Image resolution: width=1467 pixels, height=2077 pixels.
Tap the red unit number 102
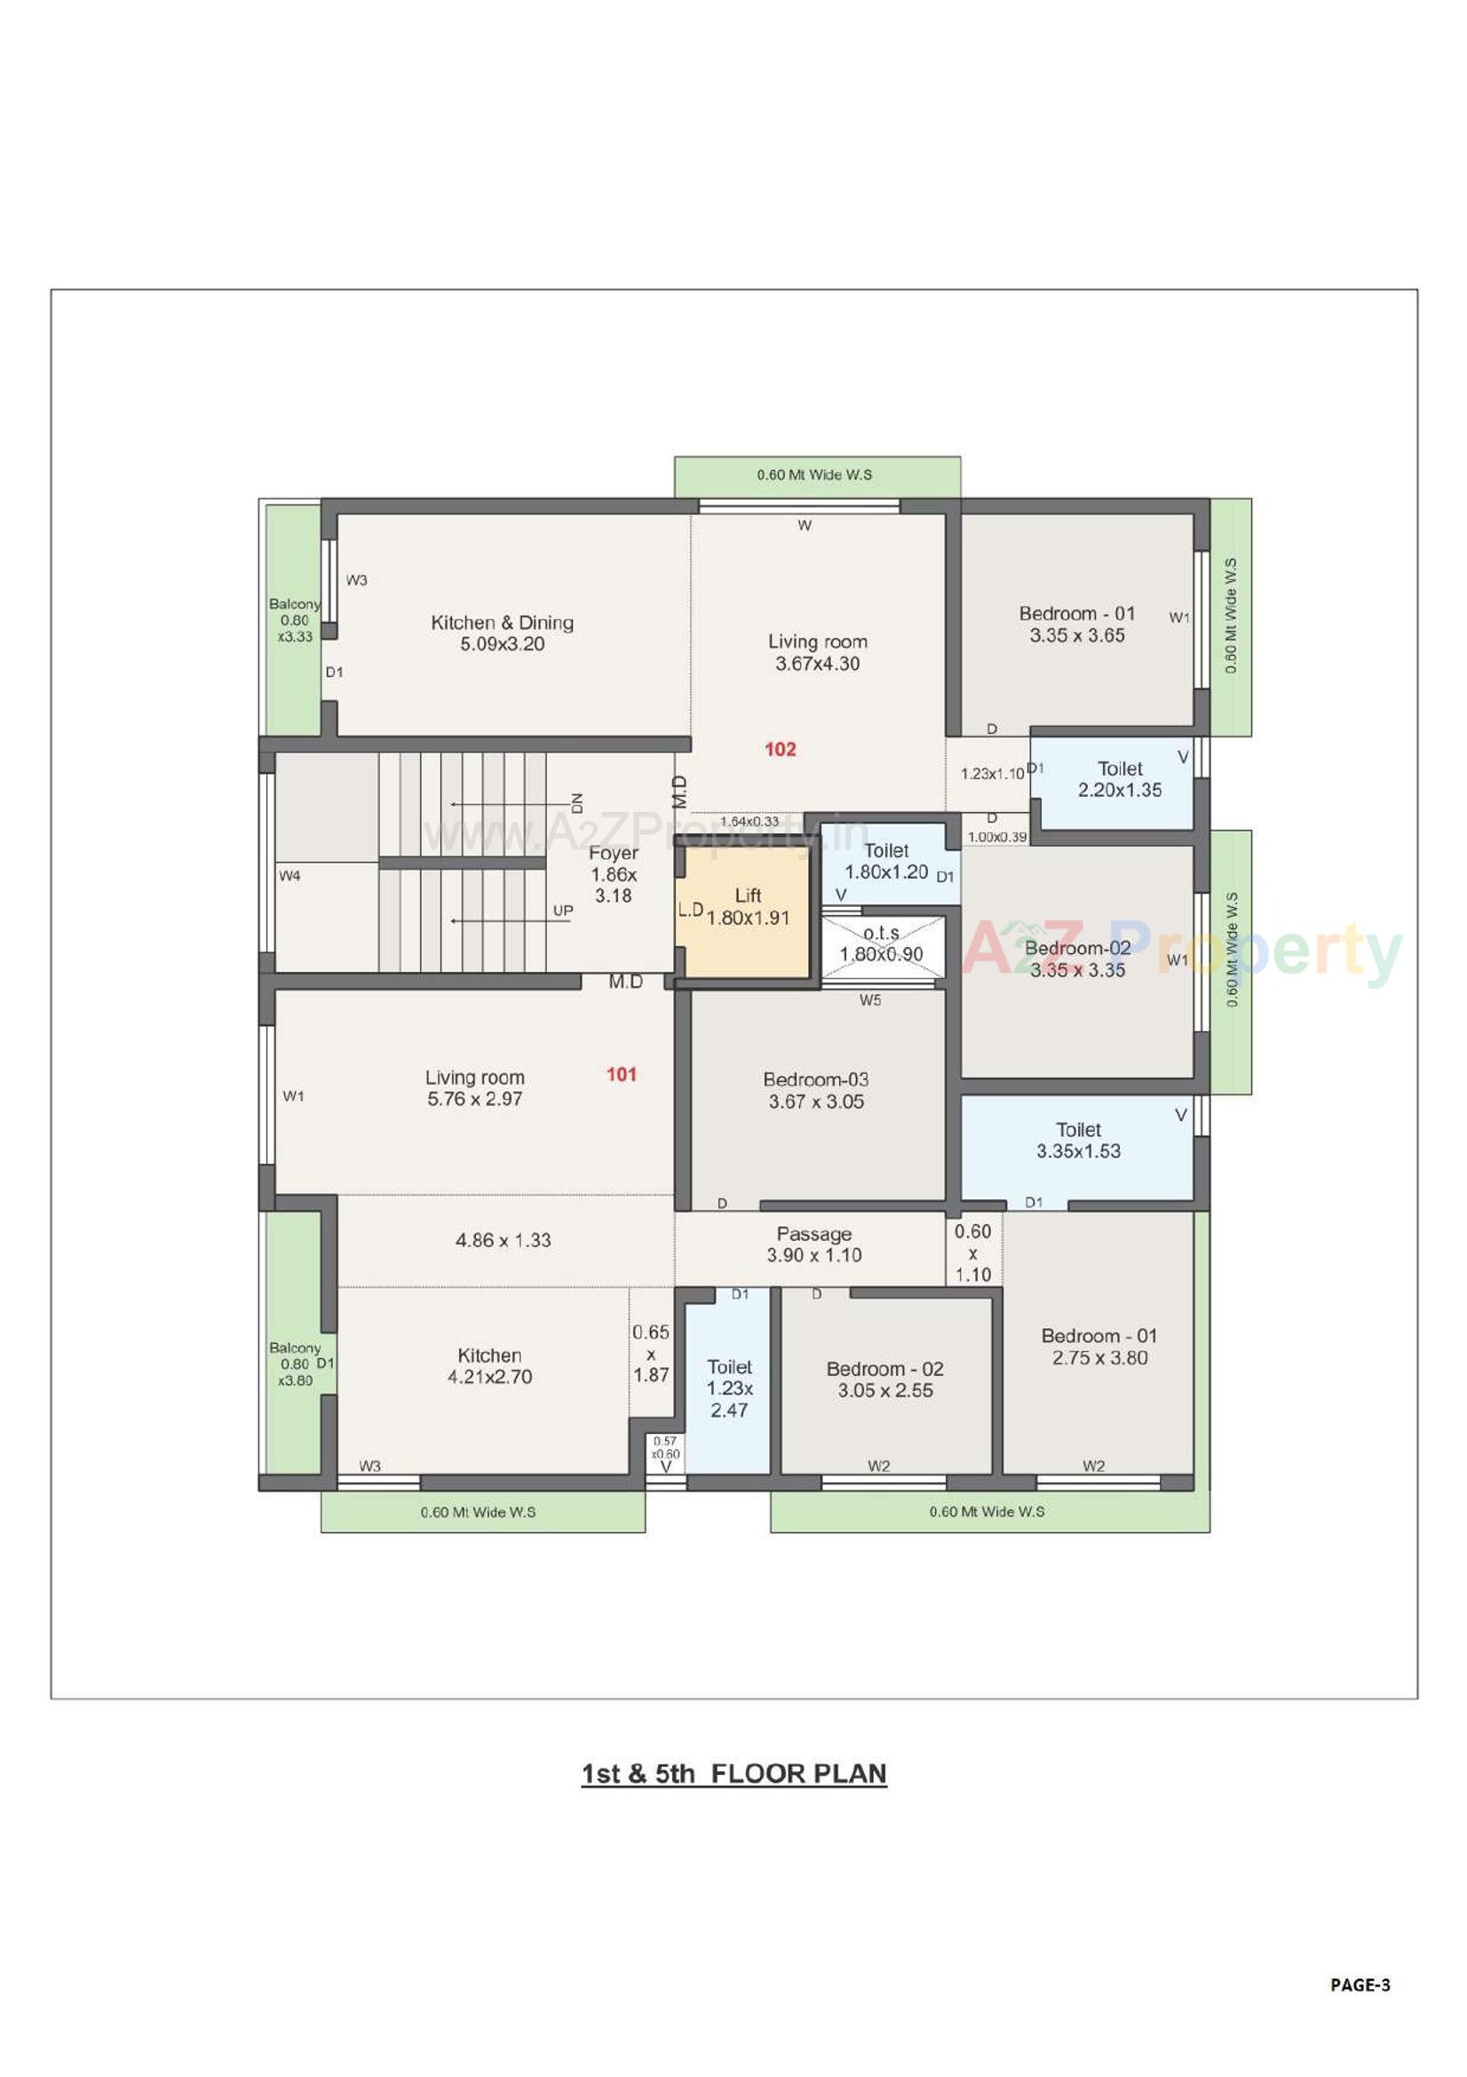pyautogui.click(x=780, y=749)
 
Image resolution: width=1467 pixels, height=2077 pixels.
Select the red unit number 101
pyautogui.click(x=622, y=1074)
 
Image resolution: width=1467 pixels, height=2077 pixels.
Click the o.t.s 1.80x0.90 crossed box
pyautogui.click(x=881, y=945)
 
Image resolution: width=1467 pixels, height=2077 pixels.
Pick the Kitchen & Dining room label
pyautogui.click(x=502, y=633)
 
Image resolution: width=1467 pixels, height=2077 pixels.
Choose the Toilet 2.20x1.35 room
pyautogui.click(x=1119, y=780)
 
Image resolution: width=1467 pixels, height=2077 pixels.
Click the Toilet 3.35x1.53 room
pyautogui.click(x=1077, y=1141)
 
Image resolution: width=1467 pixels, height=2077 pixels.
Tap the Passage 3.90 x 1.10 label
pyautogui.click(x=813, y=1244)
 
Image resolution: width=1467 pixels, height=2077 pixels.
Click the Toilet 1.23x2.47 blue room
pyautogui.click(x=728, y=1388)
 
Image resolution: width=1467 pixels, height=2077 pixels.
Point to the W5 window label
pyautogui.click(x=870, y=999)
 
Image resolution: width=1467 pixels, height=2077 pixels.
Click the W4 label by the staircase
pyautogui.click(x=289, y=876)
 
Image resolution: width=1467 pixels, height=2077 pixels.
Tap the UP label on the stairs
pyautogui.click(x=563, y=911)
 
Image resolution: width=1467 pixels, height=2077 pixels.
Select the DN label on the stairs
pyautogui.click(x=577, y=800)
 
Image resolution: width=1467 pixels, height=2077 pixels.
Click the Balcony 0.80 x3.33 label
pyautogui.click(x=294, y=620)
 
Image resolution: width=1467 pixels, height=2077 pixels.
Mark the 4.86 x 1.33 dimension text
pyautogui.click(x=503, y=1240)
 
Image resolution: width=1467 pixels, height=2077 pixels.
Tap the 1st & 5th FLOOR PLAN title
pyautogui.click(x=733, y=1773)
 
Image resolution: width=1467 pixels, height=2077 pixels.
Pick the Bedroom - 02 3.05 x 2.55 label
pyautogui.click(x=884, y=1380)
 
